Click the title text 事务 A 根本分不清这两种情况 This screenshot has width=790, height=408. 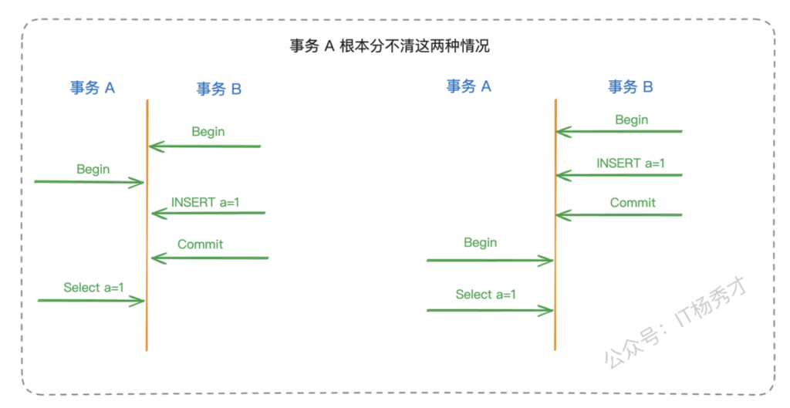point(390,46)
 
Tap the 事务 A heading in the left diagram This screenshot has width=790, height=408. point(93,88)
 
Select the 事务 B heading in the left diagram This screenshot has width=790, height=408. point(219,89)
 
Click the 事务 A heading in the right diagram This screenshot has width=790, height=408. point(469,86)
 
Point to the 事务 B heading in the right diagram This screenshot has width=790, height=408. point(630,87)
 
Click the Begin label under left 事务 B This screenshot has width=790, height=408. point(208,132)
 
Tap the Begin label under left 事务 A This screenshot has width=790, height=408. point(93,169)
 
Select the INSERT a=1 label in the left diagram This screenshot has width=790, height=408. point(206,202)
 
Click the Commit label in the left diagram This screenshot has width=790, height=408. point(201,244)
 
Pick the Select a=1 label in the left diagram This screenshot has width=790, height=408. point(94,287)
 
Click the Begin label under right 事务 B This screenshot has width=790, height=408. point(632,120)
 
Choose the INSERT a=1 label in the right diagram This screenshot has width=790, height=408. point(630,164)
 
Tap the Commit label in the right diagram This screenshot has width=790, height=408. point(633,203)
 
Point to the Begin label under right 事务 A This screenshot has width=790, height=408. point(481,242)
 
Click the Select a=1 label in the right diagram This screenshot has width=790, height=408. point(486,294)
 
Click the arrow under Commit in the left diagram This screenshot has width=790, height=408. point(210,258)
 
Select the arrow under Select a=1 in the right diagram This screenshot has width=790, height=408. point(490,310)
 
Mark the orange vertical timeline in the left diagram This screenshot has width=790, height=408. point(147,224)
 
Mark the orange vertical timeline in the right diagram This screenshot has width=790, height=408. point(555,224)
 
